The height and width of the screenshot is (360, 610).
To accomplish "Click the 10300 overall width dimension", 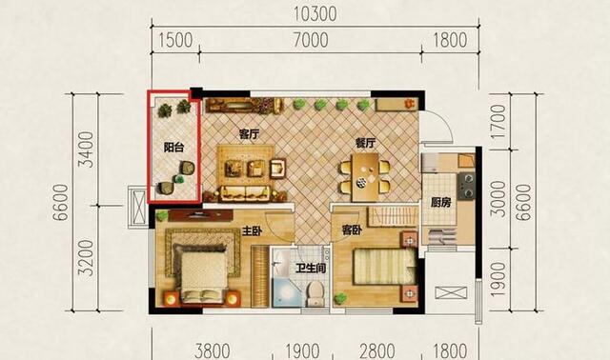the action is [315, 14].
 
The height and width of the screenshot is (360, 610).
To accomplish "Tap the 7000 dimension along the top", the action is [311, 40].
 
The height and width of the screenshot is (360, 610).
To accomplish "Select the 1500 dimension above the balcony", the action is [175, 40].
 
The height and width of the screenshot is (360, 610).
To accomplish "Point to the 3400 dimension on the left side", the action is [86, 150].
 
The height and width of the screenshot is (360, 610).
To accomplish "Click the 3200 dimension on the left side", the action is [86, 258].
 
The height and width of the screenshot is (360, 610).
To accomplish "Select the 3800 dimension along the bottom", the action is [213, 351].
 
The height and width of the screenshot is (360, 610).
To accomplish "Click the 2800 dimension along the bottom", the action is [377, 351].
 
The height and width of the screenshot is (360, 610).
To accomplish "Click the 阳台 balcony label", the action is [173, 148].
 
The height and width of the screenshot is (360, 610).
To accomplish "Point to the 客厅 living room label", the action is [249, 134].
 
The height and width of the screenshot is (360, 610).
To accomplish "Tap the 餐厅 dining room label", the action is [365, 144].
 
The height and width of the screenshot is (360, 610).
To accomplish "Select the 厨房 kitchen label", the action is [440, 203].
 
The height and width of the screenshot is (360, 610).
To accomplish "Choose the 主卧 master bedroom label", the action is [252, 231].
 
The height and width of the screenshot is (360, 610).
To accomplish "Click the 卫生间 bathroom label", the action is [311, 269].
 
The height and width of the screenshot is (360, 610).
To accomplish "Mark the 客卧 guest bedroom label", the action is [352, 230].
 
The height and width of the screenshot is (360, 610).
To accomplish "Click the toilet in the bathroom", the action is [315, 292].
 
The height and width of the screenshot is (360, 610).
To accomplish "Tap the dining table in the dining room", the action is [365, 177].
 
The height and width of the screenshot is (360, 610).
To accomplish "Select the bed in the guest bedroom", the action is [384, 266].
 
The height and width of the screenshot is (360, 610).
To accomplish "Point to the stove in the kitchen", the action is [466, 186].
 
